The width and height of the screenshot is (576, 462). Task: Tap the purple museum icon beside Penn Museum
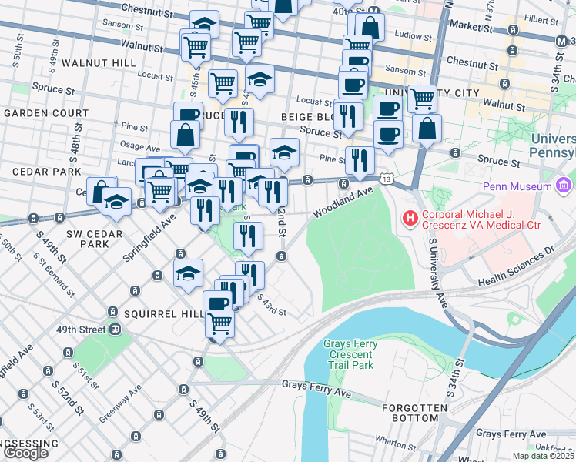[564, 186]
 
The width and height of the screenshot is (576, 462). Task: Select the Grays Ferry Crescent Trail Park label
[348, 354]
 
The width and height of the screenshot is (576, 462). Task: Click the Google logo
[25, 453]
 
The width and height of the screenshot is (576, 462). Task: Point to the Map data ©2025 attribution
[543, 456]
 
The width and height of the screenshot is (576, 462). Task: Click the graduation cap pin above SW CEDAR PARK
[116, 203]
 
